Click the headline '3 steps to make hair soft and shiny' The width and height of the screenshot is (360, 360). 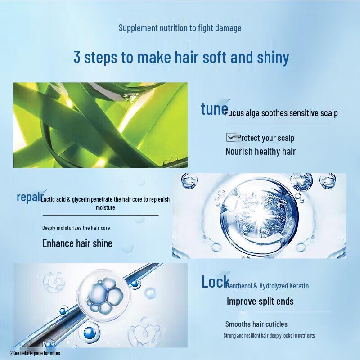point(181,58)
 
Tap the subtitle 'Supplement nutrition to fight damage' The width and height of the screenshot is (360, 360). point(180,28)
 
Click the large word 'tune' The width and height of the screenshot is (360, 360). point(214,109)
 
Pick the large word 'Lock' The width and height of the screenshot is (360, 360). point(215,282)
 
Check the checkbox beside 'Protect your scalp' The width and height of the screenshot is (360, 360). point(231,137)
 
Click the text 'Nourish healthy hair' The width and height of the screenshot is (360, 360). point(261,151)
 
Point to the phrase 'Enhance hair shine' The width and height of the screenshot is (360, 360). point(77,243)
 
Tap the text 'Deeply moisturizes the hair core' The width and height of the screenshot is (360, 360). point(76,228)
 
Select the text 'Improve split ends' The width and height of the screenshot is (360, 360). point(260,301)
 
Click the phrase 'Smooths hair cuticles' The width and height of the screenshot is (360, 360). point(256,324)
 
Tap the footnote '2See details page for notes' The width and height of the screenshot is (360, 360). point(35,353)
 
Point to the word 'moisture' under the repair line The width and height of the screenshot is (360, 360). point(105,207)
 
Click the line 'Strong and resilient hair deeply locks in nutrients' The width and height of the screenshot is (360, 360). point(269,336)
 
